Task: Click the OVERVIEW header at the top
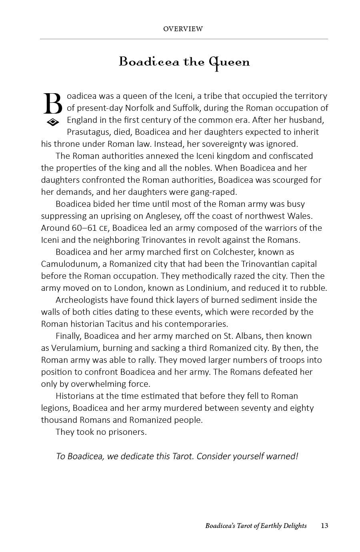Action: [x=183, y=29]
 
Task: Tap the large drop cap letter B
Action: [x=52, y=104]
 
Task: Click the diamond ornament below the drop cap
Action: [x=53, y=122]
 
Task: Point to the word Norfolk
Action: [x=140, y=108]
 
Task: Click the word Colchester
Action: [x=234, y=252]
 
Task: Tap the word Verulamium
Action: [x=77, y=348]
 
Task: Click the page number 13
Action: [x=324, y=526]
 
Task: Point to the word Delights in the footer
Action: [x=294, y=526]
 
